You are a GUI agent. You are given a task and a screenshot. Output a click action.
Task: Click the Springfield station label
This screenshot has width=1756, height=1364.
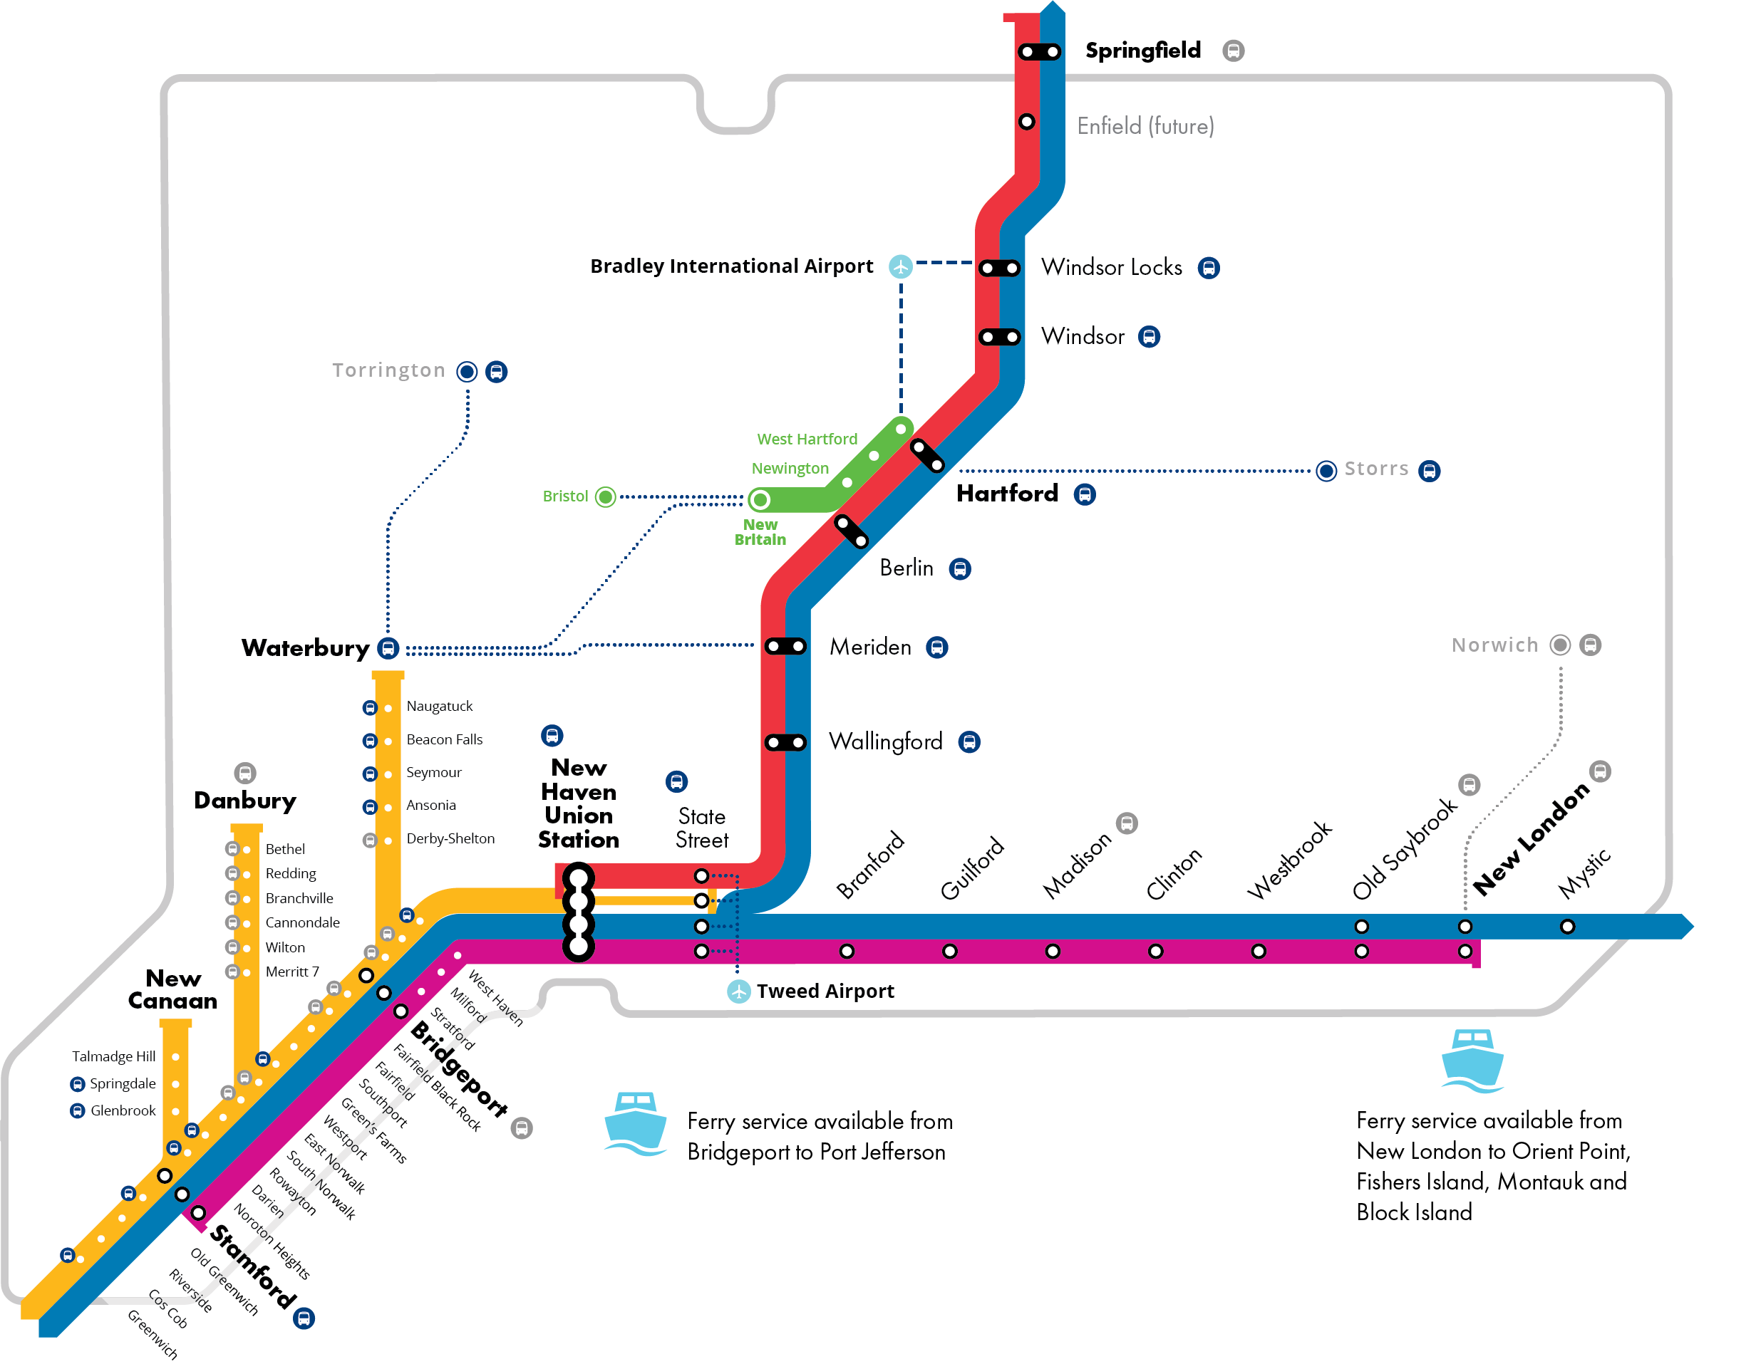pos(1142,51)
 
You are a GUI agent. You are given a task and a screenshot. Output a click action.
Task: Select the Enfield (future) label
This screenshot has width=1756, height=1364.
pos(1145,126)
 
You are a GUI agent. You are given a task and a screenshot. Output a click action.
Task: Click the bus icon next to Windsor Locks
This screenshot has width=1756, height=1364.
pos(1208,268)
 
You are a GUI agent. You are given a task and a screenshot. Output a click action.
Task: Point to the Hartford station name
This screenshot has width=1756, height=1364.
pos(1007,494)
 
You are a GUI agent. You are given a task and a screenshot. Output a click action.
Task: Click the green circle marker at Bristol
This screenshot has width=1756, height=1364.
pos(606,496)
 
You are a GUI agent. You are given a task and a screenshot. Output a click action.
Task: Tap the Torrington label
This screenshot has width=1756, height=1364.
pos(388,370)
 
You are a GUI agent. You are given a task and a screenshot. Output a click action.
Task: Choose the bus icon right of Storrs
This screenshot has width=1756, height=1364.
pos(1429,471)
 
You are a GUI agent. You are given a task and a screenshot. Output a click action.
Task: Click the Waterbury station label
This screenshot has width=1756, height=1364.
pos(305,648)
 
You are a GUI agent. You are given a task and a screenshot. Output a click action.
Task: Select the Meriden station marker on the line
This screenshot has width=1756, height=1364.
pos(785,646)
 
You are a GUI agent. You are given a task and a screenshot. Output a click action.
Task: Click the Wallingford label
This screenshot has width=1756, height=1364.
pos(885,741)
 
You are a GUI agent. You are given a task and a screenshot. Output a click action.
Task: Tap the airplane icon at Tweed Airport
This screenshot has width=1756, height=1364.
pos(738,991)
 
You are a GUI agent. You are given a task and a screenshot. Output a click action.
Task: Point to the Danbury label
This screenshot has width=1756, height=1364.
pos(245,801)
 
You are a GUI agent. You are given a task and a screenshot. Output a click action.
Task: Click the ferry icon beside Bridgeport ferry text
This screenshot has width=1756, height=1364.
pos(635,1123)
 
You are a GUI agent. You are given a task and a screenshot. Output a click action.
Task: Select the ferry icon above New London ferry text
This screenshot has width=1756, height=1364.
pos(1472,1060)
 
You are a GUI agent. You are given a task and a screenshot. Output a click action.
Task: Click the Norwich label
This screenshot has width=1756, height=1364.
pos(1494,645)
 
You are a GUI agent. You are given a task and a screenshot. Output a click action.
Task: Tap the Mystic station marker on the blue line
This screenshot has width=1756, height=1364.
pos(1567,927)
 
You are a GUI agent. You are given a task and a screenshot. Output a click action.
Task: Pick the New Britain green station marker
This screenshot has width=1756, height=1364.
pos(760,500)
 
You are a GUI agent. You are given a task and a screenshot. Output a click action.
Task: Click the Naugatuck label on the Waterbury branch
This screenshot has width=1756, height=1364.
pos(439,707)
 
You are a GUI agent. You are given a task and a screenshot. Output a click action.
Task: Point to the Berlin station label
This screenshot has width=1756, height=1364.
pos(906,568)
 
